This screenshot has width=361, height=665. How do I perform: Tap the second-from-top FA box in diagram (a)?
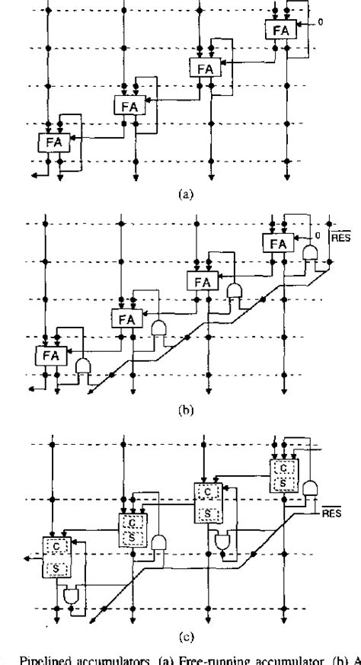click(x=203, y=67)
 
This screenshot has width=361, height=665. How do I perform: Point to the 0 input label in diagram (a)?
click(x=320, y=22)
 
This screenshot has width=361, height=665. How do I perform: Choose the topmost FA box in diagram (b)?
click(x=276, y=244)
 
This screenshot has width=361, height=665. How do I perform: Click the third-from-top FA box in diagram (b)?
click(x=126, y=318)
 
